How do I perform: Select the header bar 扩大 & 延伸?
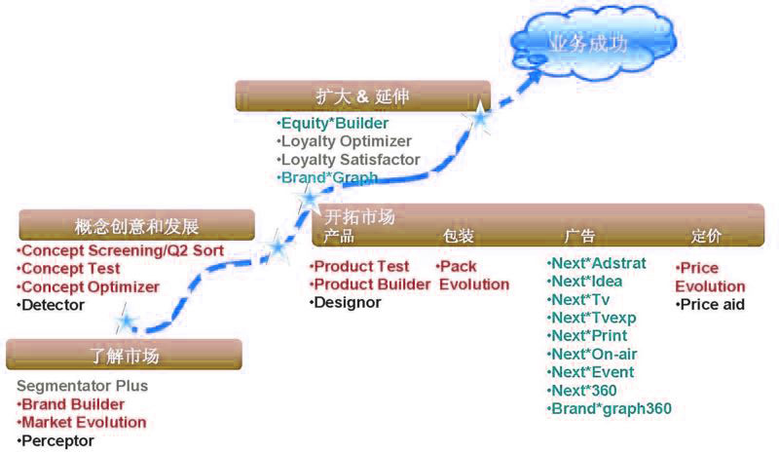tap(363, 96)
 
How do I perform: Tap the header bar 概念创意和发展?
tap(136, 227)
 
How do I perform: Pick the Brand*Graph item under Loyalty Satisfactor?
tap(327, 177)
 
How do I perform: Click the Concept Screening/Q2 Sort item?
tap(121, 251)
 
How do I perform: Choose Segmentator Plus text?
tap(82, 386)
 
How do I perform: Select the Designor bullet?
tap(347, 302)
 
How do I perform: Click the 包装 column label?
tap(459, 237)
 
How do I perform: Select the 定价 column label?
tap(706, 237)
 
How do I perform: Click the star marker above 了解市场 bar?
tap(125, 321)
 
